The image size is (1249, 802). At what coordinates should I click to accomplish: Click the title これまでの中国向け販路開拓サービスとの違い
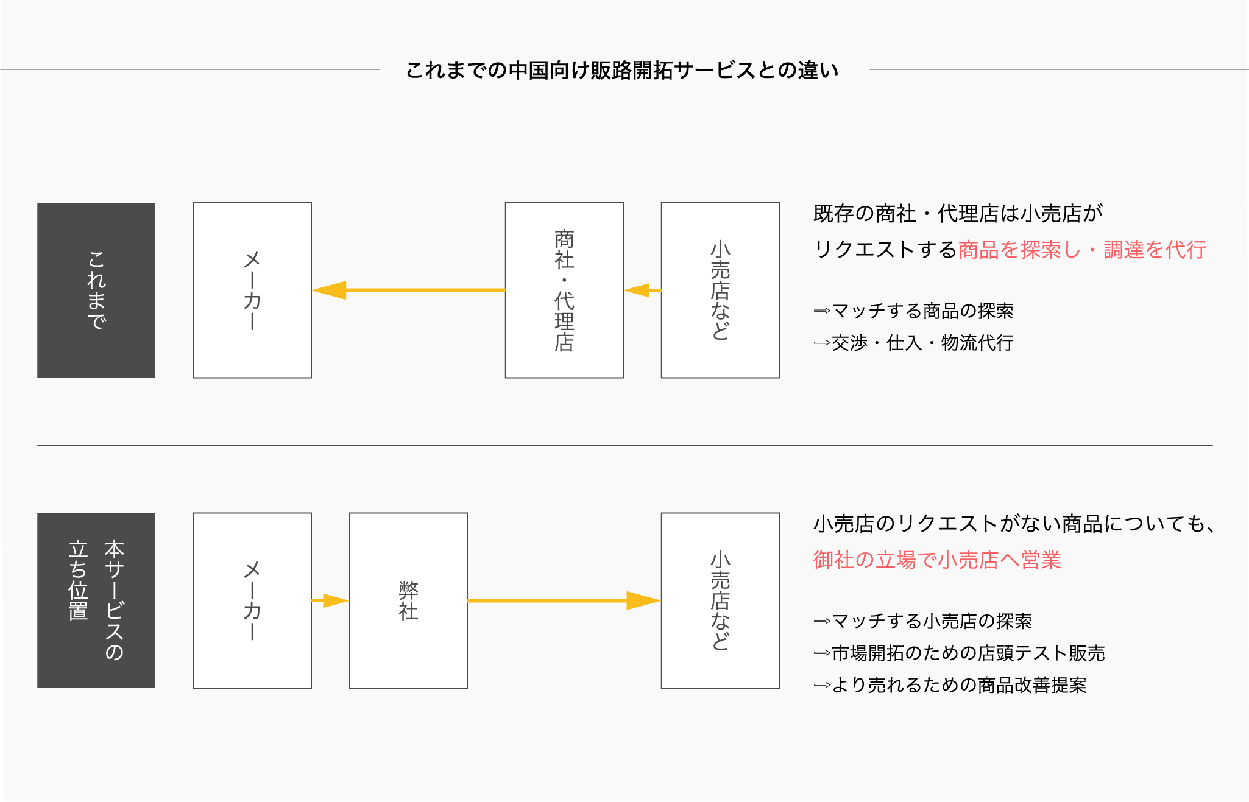(622, 71)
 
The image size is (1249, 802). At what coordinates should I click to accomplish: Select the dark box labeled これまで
(96, 290)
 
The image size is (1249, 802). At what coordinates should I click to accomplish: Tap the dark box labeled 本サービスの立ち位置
(96, 600)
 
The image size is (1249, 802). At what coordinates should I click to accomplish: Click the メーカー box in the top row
(252, 290)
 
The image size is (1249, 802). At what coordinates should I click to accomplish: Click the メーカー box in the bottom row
(252, 600)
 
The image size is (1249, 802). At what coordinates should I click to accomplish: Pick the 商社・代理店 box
(564, 290)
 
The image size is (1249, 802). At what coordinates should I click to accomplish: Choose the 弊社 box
(408, 600)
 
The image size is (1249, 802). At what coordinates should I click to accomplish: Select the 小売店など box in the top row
(720, 290)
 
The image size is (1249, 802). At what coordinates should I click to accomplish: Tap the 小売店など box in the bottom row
(720, 600)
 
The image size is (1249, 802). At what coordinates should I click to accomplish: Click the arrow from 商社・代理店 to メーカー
(408, 290)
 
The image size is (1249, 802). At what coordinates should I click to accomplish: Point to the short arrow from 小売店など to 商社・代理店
(642, 290)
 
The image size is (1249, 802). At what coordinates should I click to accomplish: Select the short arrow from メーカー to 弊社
(330, 600)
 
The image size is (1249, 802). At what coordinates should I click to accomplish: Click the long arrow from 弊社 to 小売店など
(564, 600)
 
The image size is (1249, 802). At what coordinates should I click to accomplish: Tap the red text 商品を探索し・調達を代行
(1081, 250)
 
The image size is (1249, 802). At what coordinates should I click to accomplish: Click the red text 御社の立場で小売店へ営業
(937, 560)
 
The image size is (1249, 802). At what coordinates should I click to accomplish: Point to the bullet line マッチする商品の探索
(914, 311)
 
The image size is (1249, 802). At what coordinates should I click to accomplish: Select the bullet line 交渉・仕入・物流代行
(914, 343)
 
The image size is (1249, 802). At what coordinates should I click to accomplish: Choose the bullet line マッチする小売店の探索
(923, 621)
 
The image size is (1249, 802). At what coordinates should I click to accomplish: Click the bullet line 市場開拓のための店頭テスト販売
(960, 653)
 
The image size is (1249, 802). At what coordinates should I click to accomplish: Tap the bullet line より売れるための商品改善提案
(950, 685)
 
